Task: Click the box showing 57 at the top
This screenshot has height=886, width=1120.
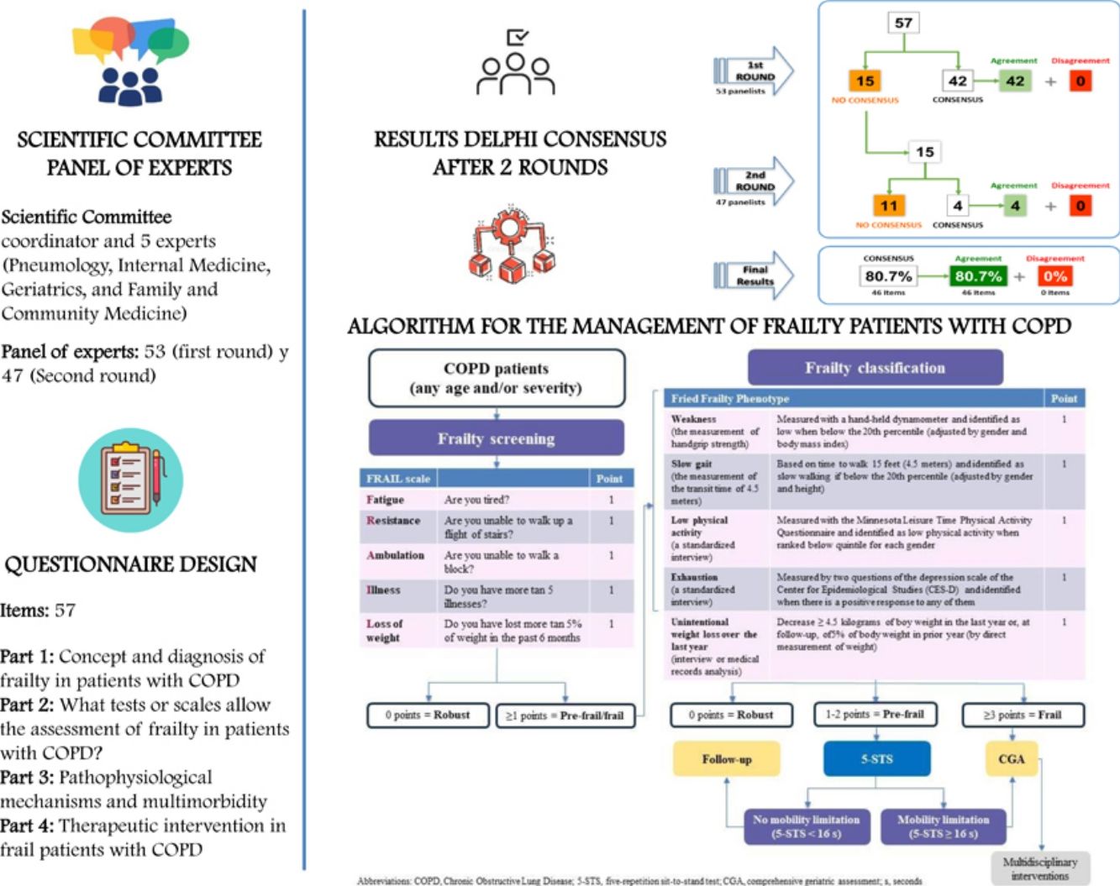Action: [x=903, y=23]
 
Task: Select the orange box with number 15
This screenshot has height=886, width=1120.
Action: [x=865, y=81]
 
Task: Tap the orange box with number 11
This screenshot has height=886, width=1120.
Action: [x=889, y=205]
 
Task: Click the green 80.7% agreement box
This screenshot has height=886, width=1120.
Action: [x=978, y=276]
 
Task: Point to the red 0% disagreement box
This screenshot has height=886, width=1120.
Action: [x=1055, y=276]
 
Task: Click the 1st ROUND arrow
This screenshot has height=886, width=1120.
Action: [x=754, y=72]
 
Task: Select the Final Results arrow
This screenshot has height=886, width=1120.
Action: [x=754, y=275]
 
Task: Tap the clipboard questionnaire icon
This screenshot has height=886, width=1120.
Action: [x=130, y=480]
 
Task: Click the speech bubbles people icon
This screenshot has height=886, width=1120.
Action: [x=130, y=60]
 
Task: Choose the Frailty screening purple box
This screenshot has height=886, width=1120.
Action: [x=496, y=438]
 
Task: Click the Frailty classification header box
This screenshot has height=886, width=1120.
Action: [x=875, y=368]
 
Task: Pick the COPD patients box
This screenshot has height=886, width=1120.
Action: [x=496, y=378]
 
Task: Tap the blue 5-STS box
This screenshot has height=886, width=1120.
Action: [x=876, y=759]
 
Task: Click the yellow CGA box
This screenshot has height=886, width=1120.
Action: [x=1011, y=759]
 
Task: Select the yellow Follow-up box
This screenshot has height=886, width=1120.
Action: [x=727, y=759]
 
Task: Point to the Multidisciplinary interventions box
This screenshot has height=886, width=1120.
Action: [x=1039, y=868]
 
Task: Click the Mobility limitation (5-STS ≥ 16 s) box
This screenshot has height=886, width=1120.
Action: [x=943, y=826]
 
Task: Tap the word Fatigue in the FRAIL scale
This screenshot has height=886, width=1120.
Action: [x=386, y=500]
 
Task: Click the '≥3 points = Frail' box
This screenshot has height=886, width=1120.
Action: [x=1023, y=715]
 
